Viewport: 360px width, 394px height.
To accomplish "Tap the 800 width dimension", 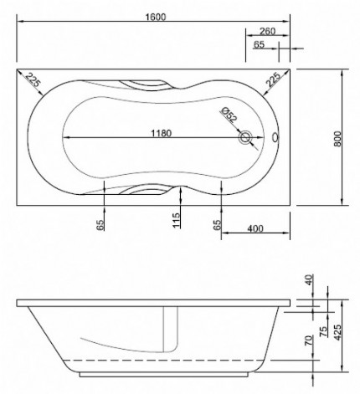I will click(x=338, y=137).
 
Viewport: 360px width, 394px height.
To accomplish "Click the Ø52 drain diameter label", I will click(x=229, y=118).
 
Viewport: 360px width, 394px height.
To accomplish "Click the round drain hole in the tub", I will click(x=245, y=138).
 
